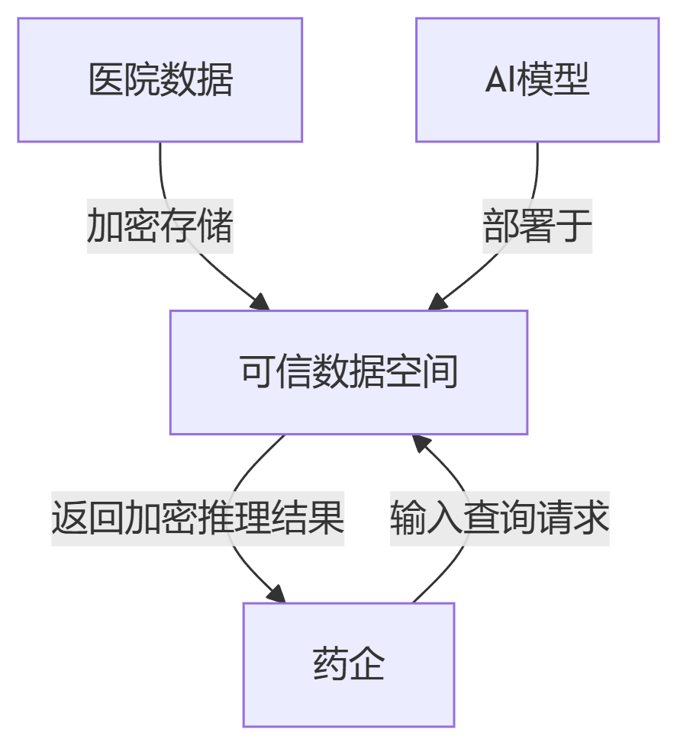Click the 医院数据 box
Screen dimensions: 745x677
[x=160, y=80]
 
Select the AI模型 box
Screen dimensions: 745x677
[x=537, y=80]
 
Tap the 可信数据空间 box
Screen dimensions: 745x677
[x=349, y=373]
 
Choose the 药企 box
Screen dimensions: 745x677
[x=349, y=664]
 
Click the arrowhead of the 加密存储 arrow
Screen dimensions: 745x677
[x=261, y=302]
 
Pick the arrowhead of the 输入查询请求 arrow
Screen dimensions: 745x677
[x=421, y=444]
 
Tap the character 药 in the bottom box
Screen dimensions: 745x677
[x=330, y=664]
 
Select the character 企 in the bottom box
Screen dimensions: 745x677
[x=367, y=664]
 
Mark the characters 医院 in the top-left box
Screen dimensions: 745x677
[x=124, y=80]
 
